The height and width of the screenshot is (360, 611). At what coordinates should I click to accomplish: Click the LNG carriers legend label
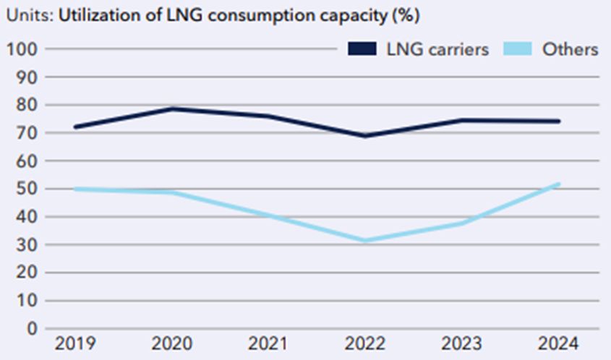coord(437,49)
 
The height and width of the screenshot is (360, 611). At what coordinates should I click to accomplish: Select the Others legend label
coord(571,49)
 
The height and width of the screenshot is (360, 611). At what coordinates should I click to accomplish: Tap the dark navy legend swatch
coord(364,49)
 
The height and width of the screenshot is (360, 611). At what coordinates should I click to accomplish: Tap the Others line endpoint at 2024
coord(558,184)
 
